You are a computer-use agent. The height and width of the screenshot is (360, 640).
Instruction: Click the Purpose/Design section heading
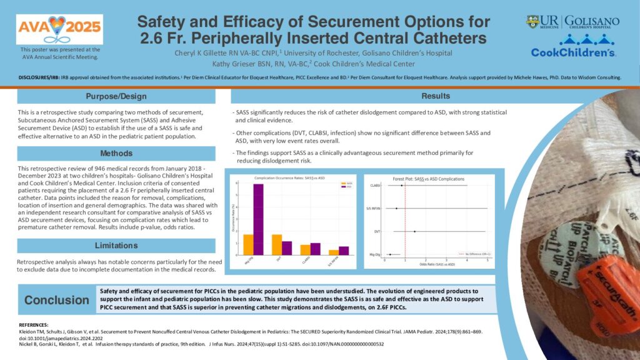pos(116,96)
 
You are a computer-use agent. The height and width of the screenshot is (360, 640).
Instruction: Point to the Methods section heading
pos(116,153)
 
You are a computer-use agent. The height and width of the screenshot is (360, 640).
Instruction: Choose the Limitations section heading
pos(116,245)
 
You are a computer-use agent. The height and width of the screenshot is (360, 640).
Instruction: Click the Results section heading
pos(435,96)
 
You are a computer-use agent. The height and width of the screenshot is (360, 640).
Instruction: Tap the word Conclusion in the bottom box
pos(57,301)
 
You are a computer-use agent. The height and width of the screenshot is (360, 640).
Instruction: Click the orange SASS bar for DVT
pos(276,244)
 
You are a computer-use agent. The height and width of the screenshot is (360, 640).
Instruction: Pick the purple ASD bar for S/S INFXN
pos(344,251)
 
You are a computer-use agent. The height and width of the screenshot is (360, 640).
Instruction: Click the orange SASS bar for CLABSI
pos(305,249)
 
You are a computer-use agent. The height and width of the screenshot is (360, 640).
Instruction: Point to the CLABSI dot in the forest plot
pos(402,186)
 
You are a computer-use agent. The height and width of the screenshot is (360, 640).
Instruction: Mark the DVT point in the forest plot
pos(414,231)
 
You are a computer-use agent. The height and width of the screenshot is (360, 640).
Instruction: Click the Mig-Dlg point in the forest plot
pos(391,254)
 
